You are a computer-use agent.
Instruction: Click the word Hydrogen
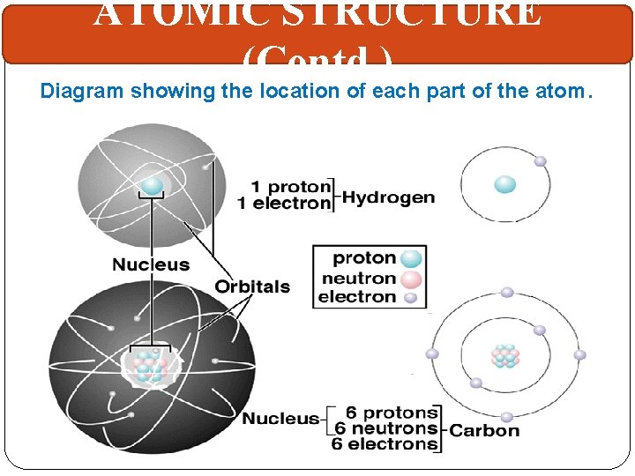tap(388, 197)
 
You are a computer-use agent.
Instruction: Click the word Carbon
tap(485, 430)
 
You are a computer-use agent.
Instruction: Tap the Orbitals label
tap(252, 286)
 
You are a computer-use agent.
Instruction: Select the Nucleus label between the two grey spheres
tap(151, 264)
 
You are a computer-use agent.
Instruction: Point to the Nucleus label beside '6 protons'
tap(281, 419)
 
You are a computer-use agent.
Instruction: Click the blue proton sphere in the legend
tap(411, 258)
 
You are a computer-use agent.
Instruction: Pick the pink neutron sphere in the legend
tap(411, 279)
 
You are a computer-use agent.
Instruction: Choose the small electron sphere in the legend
tap(409, 297)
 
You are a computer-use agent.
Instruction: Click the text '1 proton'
tap(291, 187)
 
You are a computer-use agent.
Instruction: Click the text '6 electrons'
tap(385, 444)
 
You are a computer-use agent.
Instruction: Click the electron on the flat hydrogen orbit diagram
tap(540, 161)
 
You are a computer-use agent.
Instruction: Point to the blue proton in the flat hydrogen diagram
tap(504, 184)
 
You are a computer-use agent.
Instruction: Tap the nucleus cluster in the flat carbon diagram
tap(505, 355)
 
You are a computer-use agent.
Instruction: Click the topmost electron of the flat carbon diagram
tap(507, 292)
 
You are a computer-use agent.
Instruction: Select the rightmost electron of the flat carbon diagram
tap(579, 355)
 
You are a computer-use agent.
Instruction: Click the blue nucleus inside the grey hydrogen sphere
tap(153, 185)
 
